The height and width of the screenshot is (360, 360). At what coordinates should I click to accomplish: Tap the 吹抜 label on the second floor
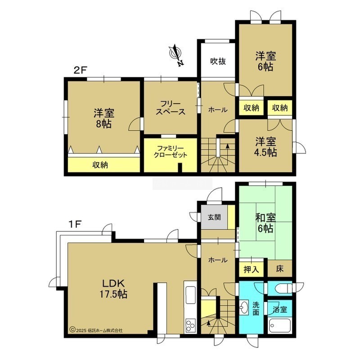pos(218,61)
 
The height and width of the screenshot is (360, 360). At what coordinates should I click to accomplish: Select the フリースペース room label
pos(171,108)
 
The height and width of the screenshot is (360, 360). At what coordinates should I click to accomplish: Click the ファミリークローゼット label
pos(171,152)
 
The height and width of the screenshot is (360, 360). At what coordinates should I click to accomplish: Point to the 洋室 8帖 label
pos(104,118)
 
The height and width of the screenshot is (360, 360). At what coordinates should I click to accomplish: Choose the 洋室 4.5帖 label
pos(265,147)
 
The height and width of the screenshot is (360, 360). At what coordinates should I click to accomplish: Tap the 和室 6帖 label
pos(265,223)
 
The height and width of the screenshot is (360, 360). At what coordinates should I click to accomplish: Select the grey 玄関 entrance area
pos(215,217)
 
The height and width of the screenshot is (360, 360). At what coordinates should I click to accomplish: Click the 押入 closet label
pos(252,269)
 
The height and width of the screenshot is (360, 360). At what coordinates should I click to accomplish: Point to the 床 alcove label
pos(280,269)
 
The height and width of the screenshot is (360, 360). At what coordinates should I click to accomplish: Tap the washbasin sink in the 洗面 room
pos(244,307)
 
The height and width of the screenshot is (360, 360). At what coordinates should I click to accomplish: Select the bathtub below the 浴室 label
pos(280,326)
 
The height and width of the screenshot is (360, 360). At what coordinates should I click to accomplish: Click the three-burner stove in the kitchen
pos(190,326)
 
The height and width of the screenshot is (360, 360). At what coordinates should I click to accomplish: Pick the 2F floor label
pos(80,70)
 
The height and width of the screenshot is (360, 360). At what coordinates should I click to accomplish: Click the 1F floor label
pos(75,224)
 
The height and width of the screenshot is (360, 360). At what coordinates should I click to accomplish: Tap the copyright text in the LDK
pos(96,330)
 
